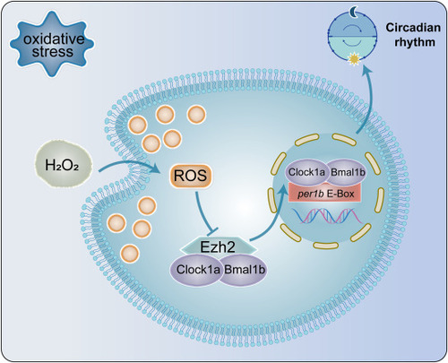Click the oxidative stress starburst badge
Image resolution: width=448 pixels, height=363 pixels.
click(52, 44)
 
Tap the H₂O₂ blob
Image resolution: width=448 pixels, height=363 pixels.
click(62, 165)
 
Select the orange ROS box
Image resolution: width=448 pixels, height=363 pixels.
click(191, 176)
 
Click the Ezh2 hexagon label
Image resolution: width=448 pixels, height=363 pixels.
click(219, 246)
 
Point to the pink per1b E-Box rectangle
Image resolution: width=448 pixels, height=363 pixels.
click(325, 194)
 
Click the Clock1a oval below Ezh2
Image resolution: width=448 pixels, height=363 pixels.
click(197, 270)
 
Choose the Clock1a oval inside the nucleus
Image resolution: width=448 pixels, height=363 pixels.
click(306, 172)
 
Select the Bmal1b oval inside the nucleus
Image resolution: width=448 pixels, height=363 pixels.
click(347, 172)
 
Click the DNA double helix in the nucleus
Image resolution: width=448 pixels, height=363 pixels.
click(327, 216)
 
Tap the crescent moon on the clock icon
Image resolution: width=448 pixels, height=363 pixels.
click(353, 13)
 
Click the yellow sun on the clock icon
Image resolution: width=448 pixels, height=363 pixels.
click(354, 59)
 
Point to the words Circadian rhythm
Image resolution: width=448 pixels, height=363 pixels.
click(413, 34)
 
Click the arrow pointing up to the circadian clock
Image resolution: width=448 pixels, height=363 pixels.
click(369, 99)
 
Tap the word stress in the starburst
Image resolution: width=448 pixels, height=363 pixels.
click(53, 52)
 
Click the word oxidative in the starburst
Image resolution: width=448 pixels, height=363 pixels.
click(54, 39)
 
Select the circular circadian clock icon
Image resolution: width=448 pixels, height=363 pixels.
click(352, 36)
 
